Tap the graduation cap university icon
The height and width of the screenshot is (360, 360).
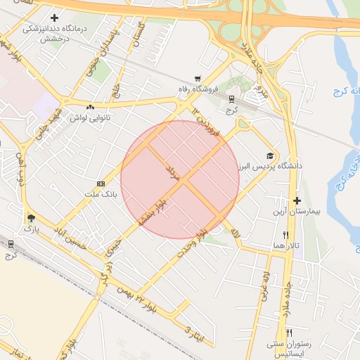[x=270, y=155]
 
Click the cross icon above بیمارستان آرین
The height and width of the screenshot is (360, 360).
[x=296, y=200]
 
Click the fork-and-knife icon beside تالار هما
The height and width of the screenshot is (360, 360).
[x=285, y=234]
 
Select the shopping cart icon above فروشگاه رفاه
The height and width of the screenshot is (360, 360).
[x=199, y=78]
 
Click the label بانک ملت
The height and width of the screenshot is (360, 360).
[x=99, y=193]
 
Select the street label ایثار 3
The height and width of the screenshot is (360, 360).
[x=193, y=334]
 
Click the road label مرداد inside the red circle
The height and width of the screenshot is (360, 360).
[x=173, y=174]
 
